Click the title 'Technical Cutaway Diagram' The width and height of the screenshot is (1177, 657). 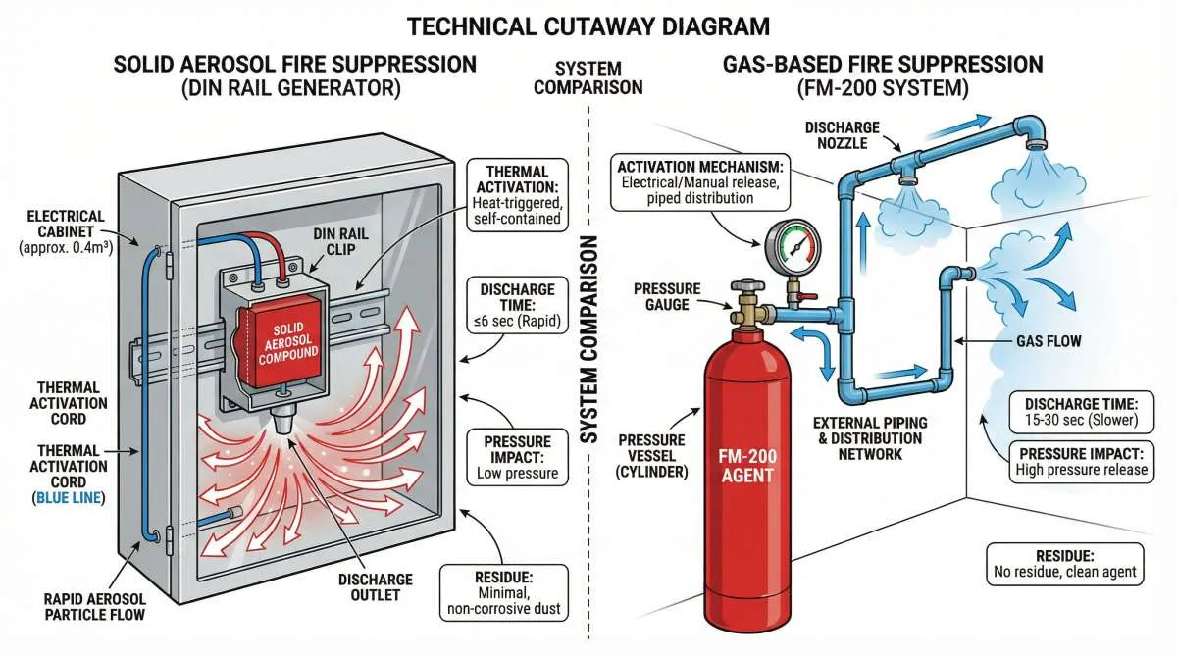click(588, 25)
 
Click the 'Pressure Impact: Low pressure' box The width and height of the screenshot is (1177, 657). click(517, 457)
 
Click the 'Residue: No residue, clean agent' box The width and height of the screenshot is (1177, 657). click(1063, 563)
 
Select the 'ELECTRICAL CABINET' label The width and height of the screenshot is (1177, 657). click(66, 230)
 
